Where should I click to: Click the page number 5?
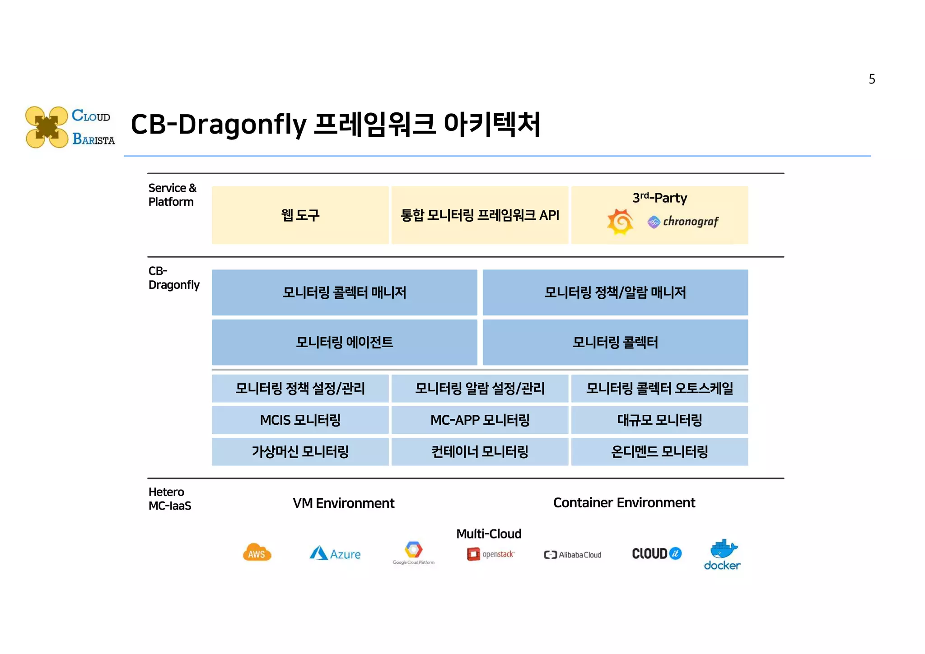tap(872, 79)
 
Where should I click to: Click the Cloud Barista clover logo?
tap(47, 127)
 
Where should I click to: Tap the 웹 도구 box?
tap(300, 215)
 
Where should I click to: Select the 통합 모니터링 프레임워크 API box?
tap(480, 215)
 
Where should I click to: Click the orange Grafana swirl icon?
tap(620, 222)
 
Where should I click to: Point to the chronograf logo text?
tap(690, 222)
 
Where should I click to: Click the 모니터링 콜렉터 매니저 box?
tap(344, 292)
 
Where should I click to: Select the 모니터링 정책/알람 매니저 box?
tap(615, 292)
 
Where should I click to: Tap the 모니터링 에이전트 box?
tap(344, 342)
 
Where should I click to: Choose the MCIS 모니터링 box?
tap(300, 420)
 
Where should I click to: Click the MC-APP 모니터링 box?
tap(480, 420)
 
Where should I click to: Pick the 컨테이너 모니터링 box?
tap(480, 452)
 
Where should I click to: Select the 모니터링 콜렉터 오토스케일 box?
tap(659, 389)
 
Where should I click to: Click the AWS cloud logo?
tap(257, 553)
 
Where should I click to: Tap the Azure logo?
tap(335, 554)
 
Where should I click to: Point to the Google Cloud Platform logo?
tap(413, 552)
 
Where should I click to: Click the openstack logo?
tap(491, 554)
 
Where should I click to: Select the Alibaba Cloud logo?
tap(573, 555)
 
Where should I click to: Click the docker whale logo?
tap(723, 554)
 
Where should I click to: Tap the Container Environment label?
tap(624, 503)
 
